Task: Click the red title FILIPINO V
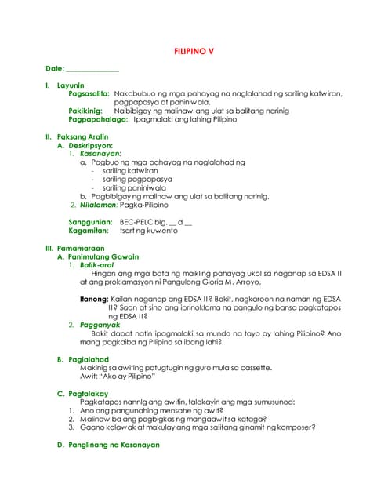pyautogui.click(x=194, y=51)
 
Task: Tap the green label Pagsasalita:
pyautogui.click(x=89, y=93)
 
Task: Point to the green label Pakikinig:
pyautogui.click(x=85, y=111)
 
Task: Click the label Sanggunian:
pyautogui.click(x=90, y=223)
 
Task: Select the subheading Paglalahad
pyautogui.click(x=87, y=358)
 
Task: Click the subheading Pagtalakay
pyautogui.click(x=88, y=392)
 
